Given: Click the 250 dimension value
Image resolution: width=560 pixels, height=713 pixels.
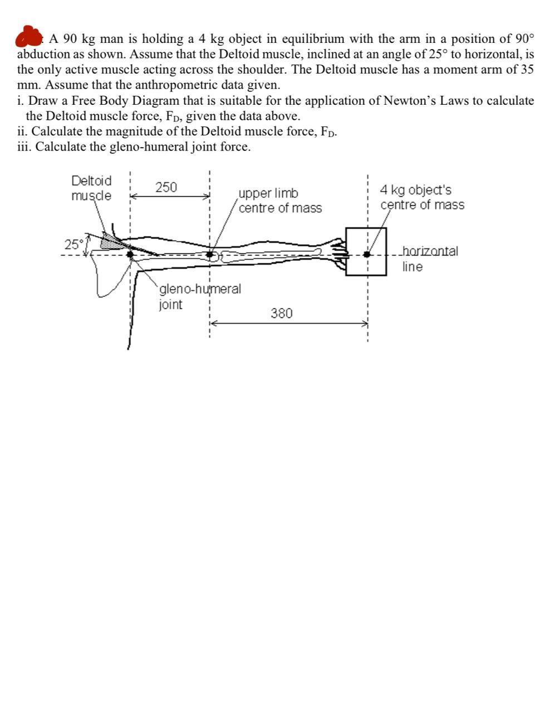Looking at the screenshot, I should point(166,187).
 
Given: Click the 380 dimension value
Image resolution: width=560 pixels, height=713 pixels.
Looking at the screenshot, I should point(281,313).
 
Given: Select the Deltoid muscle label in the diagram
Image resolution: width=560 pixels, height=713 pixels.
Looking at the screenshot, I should point(91,188).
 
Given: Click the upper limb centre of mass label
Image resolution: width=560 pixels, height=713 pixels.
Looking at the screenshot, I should point(280,201).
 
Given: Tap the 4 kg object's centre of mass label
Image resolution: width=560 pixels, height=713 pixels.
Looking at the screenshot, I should point(422,197).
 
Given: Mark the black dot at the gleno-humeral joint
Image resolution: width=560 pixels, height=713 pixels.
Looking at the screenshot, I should point(130,255).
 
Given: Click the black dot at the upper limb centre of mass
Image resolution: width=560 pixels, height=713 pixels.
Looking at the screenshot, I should point(210,255).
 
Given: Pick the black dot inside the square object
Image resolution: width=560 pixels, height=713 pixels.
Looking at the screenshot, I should point(366,254).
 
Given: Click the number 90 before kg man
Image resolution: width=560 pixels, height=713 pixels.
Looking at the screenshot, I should point(70,39).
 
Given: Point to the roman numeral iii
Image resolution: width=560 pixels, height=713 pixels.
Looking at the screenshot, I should point(24,147).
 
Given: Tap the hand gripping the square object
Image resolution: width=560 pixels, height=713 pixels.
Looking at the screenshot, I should point(337,252).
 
